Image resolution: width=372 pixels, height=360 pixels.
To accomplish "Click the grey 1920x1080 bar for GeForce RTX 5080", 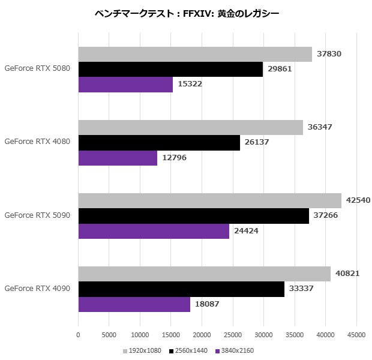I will click(195, 54).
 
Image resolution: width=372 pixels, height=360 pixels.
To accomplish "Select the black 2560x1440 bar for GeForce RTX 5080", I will click(170, 69).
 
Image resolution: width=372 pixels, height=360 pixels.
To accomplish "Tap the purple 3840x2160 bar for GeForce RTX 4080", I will click(118, 158).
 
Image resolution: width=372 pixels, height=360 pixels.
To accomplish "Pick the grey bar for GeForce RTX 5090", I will click(209, 200).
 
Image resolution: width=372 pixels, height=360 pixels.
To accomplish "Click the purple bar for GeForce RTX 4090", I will click(134, 304).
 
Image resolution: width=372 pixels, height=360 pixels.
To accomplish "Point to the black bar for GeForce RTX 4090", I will click(181, 289).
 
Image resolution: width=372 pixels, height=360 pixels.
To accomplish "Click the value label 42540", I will click(358, 200).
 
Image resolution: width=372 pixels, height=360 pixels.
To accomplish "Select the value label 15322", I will click(190, 85).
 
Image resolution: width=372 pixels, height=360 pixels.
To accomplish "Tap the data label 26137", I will click(257, 143).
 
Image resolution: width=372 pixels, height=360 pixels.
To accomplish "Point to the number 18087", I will click(207, 304).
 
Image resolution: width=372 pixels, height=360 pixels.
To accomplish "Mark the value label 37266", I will click(326, 216).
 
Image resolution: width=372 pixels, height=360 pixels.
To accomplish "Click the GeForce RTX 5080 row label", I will click(37, 68).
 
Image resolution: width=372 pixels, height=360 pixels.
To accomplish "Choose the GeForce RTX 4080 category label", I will click(37, 142).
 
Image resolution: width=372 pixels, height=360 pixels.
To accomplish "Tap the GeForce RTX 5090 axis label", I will click(37, 215).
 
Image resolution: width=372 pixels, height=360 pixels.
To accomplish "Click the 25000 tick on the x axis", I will click(233, 335).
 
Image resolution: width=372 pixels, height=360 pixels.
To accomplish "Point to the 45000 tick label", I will click(356, 335).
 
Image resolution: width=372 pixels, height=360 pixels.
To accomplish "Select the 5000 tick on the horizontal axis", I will click(109, 335).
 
